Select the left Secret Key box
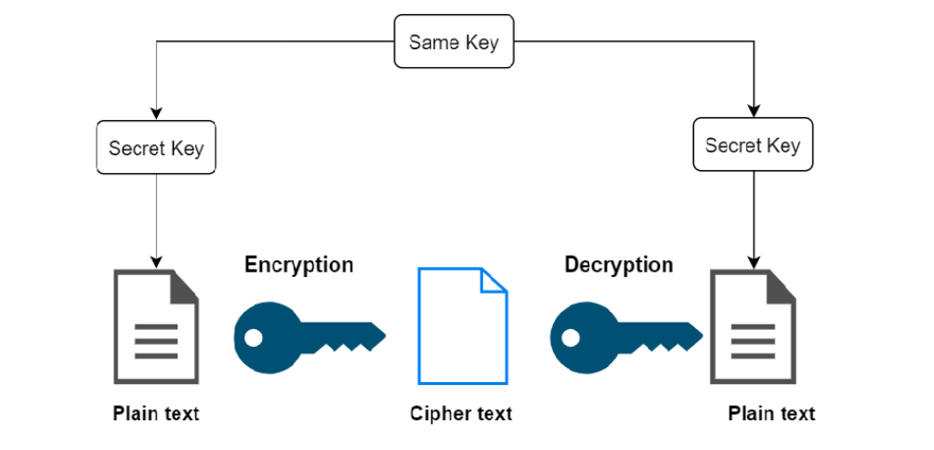(156, 148)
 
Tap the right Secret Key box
(752, 145)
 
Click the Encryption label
(298, 265)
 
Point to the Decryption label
(618, 265)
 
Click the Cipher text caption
(461, 413)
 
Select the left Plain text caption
(156, 413)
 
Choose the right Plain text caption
(771, 413)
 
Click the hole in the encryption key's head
(253, 337)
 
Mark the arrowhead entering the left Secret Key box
(156, 114)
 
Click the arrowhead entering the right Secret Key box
(753, 111)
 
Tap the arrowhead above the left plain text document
(156, 260)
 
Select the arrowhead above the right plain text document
(753, 259)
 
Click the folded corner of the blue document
(493, 280)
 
